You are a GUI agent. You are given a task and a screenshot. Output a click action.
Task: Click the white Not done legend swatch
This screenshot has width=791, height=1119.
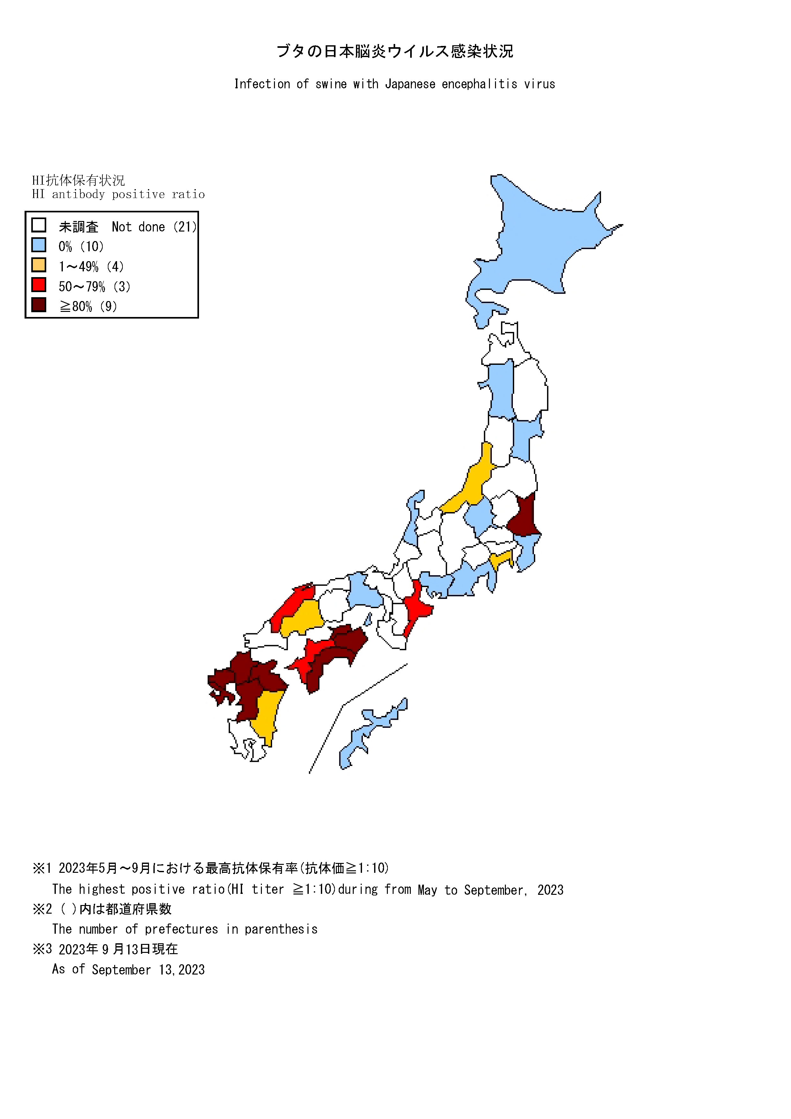point(39,225)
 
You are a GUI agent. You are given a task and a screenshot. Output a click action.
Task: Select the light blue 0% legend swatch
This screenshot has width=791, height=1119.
point(39,245)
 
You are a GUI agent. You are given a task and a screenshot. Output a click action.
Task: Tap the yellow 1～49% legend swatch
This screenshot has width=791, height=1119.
point(39,265)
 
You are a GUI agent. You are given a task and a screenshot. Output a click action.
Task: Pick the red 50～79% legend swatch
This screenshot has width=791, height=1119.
point(39,285)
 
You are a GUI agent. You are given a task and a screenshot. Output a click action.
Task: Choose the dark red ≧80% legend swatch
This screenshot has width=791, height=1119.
point(39,305)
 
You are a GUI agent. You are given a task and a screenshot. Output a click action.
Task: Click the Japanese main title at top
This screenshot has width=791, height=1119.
point(395,51)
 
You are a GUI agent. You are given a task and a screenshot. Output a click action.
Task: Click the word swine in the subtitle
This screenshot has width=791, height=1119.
point(330,84)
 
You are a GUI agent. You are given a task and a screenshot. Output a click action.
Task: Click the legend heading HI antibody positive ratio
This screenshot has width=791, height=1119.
point(118,195)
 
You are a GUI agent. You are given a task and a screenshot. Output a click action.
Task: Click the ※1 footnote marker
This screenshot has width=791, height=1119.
point(42,868)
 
